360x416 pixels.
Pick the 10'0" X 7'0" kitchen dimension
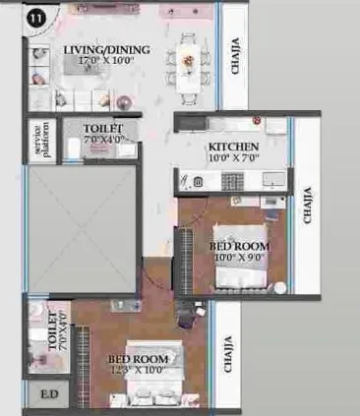click(x=233, y=157)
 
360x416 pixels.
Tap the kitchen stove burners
click(x=233, y=180)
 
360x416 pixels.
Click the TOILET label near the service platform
click(x=103, y=129)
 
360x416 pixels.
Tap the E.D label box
click(x=47, y=397)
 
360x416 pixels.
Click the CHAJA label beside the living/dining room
click(x=235, y=56)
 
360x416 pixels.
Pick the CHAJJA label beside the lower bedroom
click(x=228, y=354)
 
